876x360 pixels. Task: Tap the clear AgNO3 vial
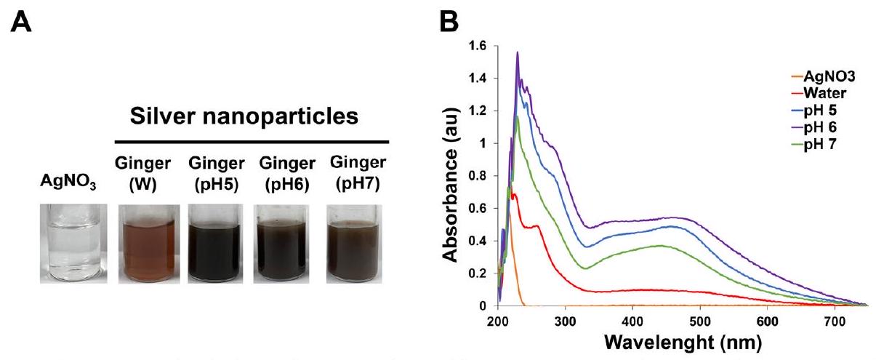click(73, 243)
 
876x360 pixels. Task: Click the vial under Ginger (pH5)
click(214, 243)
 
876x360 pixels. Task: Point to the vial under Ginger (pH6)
click(285, 243)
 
